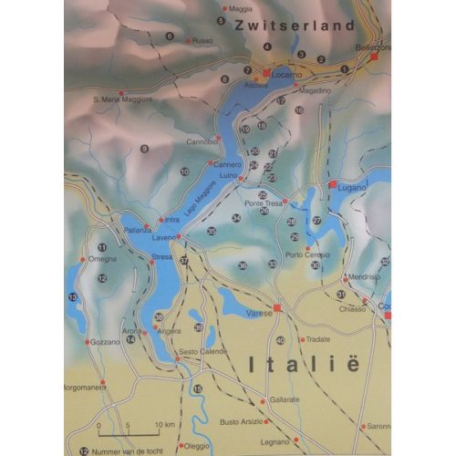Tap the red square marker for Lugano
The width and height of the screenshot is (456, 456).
pyautogui.click(x=334, y=184)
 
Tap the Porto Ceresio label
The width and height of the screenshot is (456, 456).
pyautogui.click(x=307, y=254)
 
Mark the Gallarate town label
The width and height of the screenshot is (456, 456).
pyautogui.click(x=284, y=400)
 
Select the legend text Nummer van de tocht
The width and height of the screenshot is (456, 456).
pyautogui.click(x=132, y=451)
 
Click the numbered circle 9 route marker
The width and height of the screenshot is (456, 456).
pyautogui.click(x=144, y=149)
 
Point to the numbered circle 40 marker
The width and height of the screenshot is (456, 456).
pyautogui.click(x=280, y=340)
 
